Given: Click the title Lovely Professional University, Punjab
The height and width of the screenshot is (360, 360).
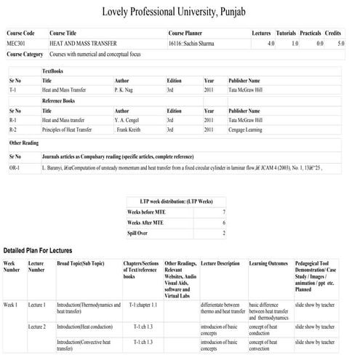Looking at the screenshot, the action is tap(180, 12).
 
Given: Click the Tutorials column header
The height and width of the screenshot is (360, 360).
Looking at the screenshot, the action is tap(287, 34).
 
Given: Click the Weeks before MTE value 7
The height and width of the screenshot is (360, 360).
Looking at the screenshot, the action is tap(223, 211).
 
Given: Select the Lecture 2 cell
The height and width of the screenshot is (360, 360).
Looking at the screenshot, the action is tap(36, 327).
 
